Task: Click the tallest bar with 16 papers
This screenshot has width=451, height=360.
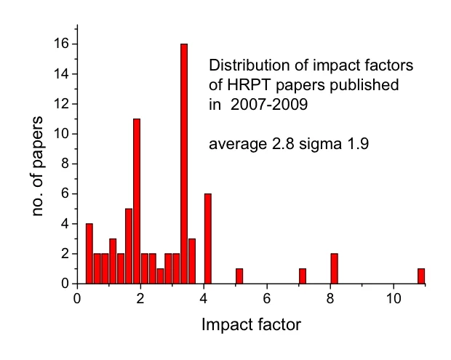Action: tap(184, 164)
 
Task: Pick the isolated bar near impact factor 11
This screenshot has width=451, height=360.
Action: tap(420, 276)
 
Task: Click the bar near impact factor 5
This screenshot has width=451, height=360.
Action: tap(239, 276)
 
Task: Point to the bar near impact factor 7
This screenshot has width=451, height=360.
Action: tap(303, 276)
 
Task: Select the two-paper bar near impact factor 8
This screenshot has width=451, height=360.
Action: tap(334, 268)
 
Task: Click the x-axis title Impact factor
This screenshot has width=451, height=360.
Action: tap(251, 325)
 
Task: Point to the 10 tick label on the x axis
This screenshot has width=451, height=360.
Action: tap(394, 299)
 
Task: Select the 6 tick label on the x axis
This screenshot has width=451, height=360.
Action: tap(267, 299)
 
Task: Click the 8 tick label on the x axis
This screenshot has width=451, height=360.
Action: tap(330, 299)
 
